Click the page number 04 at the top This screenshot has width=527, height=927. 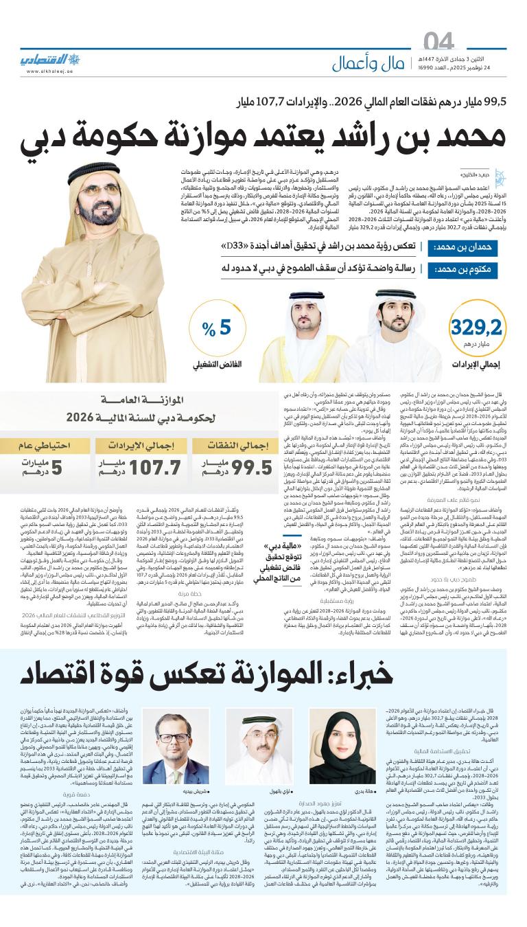439,42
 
